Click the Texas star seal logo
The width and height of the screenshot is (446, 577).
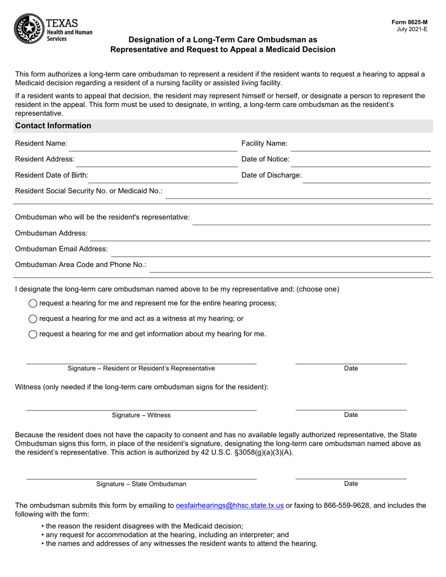(29, 29)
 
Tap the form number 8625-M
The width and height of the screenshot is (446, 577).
(410, 22)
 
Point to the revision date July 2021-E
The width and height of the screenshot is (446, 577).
(412, 29)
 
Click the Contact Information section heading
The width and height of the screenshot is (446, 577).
(53, 126)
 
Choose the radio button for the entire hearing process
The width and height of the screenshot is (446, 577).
(33, 304)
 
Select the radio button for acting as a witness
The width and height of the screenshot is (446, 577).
(33, 319)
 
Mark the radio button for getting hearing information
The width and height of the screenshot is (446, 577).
(33, 334)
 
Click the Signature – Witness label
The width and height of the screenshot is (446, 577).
(141, 415)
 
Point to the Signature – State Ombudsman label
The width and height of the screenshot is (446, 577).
(141, 484)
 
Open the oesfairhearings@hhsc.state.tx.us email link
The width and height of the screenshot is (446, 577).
(230, 506)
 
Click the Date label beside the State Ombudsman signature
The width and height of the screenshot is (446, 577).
(351, 484)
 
